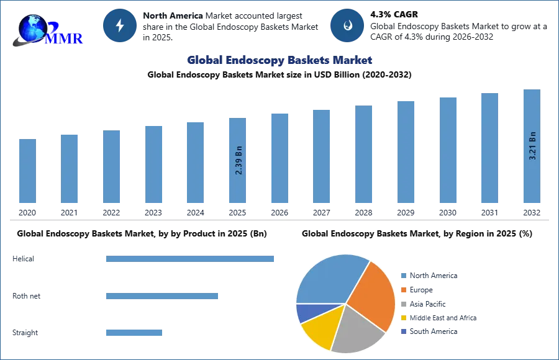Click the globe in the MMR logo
click(33, 29)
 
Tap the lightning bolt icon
click(120, 25)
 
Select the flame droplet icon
click(347, 25)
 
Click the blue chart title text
click(279, 60)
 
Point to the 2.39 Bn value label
click(239, 160)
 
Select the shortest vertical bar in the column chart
click(27, 171)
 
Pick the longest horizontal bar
click(191, 258)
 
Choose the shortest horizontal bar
click(134, 333)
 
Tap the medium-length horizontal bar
click(161, 297)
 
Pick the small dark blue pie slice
click(306, 312)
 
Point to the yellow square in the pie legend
click(404, 318)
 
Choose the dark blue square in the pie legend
click(404, 332)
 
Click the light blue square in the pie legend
click(404, 276)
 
